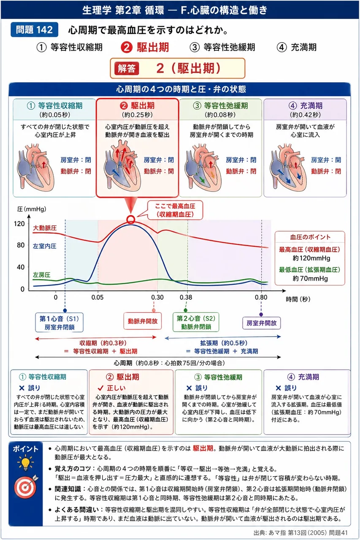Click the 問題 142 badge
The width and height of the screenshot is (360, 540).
coord(34,30)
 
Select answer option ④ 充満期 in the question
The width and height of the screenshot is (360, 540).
coord(297,47)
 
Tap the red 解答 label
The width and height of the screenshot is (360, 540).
coord(127,68)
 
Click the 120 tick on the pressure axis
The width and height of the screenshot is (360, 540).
coord(19,224)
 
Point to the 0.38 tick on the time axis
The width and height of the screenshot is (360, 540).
coord(186,297)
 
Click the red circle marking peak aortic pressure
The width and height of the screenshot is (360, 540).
coord(131,219)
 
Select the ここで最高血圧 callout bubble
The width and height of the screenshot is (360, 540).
coord(175,210)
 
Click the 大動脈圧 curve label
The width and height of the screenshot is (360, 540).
coord(45,228)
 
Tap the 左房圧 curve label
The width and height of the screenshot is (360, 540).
coord(42,275)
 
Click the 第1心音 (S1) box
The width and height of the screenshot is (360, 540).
coord(60,323)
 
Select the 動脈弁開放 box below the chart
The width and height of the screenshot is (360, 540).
coord(143,321)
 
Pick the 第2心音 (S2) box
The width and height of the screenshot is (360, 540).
coord(196,322)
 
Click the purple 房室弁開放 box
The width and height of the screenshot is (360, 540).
coord(261,323)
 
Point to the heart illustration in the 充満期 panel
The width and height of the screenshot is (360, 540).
coord(288,167)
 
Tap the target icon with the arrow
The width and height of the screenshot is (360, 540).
coord(26,486)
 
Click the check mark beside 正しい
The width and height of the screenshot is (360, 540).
coord(100,388)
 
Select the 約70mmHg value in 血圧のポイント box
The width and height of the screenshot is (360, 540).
coord(310,278)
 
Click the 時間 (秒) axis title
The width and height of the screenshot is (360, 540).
coord(298,299)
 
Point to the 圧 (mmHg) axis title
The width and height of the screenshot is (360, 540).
coord(32,209)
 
